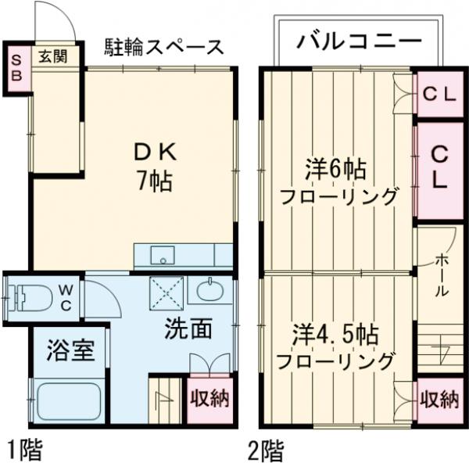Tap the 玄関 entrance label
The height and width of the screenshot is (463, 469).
coord(53,56)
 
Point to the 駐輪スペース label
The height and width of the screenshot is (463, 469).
coord(165,46)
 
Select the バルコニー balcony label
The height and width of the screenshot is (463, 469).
coord(359,41)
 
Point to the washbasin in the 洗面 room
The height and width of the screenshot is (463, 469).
coord(209,293)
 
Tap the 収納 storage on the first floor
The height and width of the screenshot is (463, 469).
coord(209,398)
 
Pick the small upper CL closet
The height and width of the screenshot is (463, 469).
coord(439,95)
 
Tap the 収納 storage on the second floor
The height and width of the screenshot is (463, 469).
coord(439,400)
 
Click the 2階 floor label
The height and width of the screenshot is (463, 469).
coord(267,450)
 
